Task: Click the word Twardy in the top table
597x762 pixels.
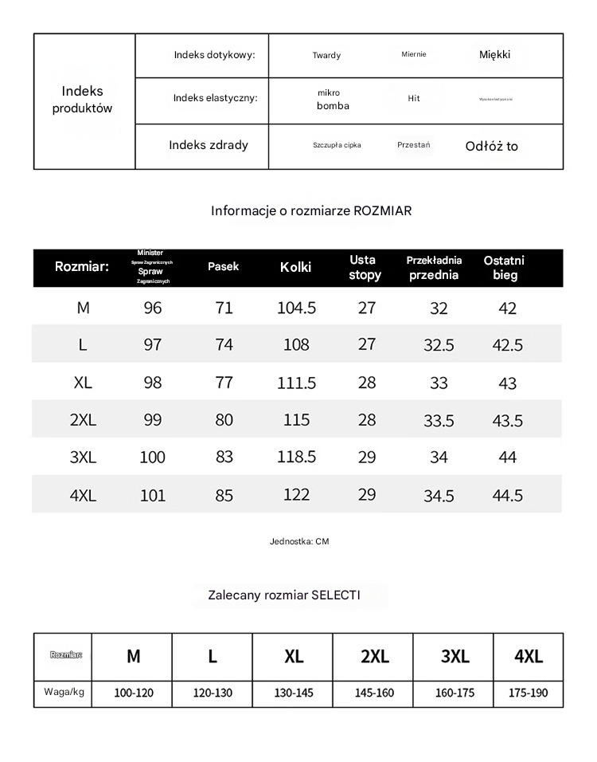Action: tap(326, 55)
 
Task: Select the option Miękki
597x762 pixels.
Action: tap(494, 54)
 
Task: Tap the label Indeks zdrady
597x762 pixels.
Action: tap(209, 145)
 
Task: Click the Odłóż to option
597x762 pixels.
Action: tap(491, 146)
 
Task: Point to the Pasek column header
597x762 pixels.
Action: tap(223, 266)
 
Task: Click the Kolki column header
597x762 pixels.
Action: tap(295, 267)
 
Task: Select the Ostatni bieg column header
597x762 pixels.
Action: tap(505, 268)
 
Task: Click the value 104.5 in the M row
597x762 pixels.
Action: tap(296, 308)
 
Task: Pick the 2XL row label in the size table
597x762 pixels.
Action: tap(83, 420)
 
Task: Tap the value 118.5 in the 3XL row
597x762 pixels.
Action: tap(296, 457)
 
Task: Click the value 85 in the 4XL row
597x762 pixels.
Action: tap(224, 496)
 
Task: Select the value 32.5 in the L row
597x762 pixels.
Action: tap(439, 345)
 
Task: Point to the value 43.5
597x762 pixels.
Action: tap(507, 421)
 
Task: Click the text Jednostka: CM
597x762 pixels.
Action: tap(299, 541)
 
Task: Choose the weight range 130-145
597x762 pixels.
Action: tap(294, 693)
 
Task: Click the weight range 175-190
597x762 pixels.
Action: tap(528, 693)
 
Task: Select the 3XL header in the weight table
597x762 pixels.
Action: tap(455, 657)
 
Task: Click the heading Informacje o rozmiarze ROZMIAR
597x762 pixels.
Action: tap(311, 210)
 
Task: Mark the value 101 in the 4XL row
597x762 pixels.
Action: tap(152, 496)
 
